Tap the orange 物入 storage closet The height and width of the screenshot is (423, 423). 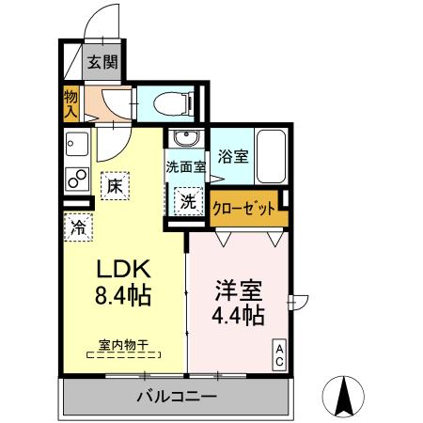pyautogui.click(x=71, y=102)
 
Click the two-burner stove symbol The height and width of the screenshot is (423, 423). pyautogui.click(x=74, y=177)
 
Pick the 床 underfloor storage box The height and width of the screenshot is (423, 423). pyautogui.click(x=114, y=186)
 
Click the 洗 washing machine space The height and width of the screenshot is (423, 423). pyautogui.click(x=188, y=200)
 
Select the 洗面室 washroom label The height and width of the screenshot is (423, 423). pyautogui.click(x=185, y=168)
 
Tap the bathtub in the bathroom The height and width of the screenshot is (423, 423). pyautogui.click(x=273, y=155)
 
